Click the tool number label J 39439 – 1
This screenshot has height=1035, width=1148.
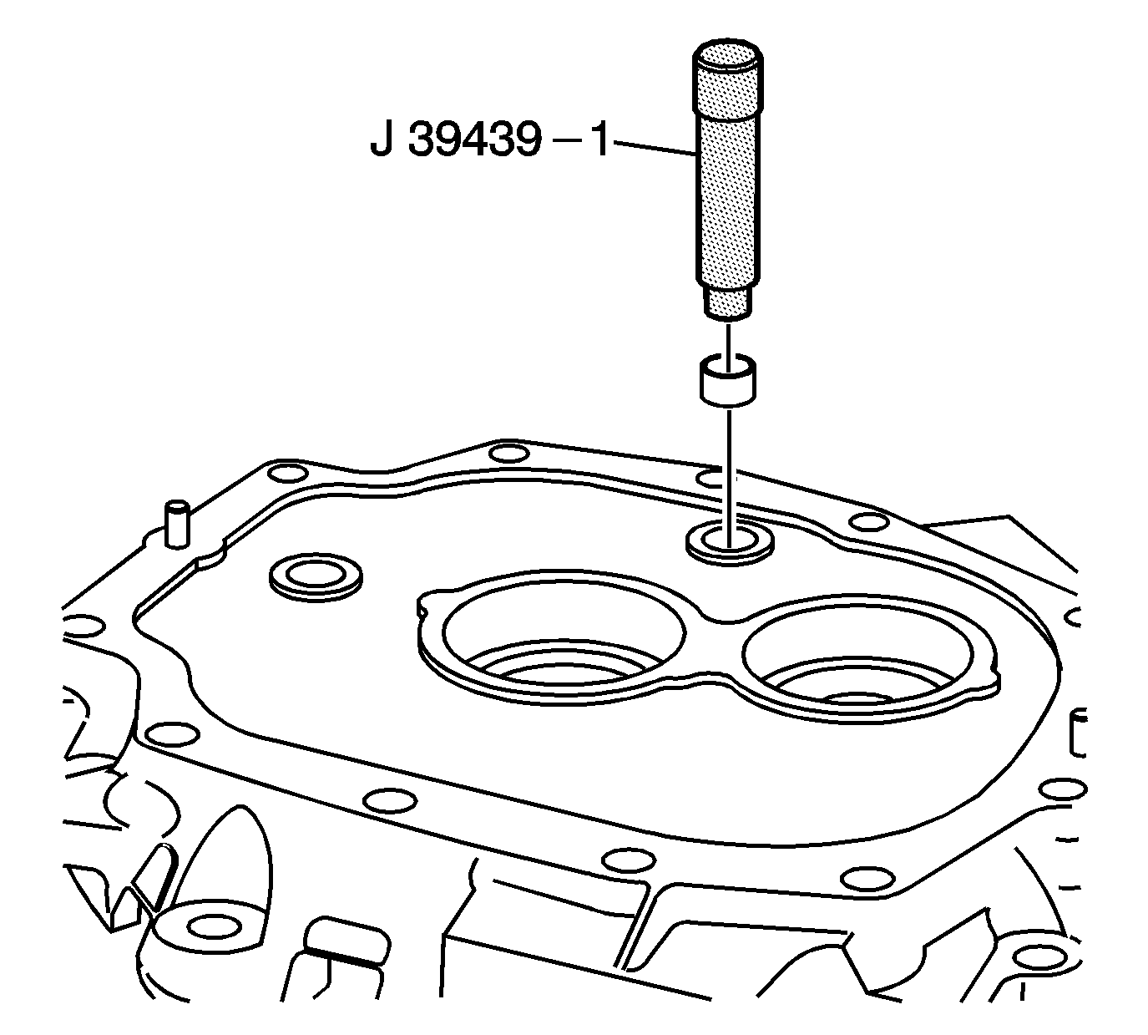489,140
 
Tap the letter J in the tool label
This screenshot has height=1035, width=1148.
382,141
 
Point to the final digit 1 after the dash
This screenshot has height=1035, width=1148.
599,140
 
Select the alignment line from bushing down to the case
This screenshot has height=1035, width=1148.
729,479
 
